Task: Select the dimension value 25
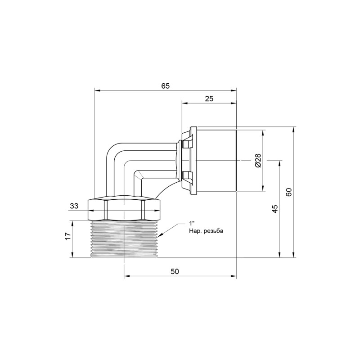(x=209, y=99)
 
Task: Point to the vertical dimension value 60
(x=289, y=192)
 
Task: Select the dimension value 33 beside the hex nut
(x=74, y=206)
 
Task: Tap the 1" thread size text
(x=192, y=224)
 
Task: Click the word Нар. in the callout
(x=195, y=231)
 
